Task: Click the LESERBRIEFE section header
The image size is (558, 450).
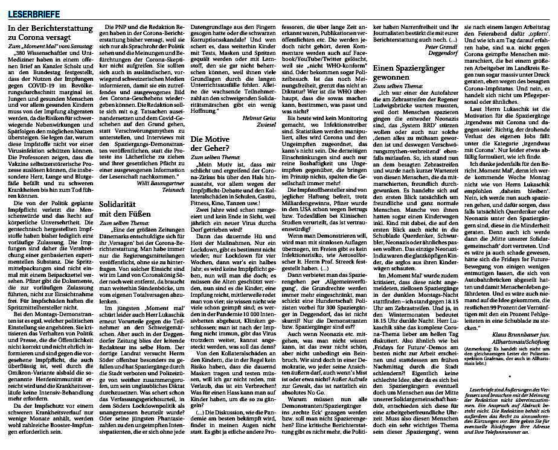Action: (27, 8)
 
